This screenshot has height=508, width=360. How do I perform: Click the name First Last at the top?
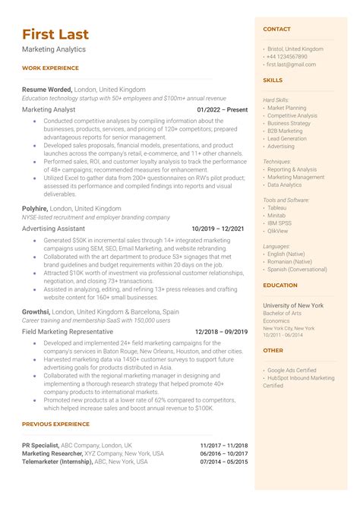55,34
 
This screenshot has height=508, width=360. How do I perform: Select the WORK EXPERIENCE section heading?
50,68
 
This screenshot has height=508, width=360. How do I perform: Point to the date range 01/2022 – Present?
222,109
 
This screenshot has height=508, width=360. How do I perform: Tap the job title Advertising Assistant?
53,228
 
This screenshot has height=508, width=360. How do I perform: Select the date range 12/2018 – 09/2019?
221,332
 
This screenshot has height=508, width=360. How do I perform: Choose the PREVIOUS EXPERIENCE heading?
55,424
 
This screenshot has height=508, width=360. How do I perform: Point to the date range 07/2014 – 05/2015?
224,462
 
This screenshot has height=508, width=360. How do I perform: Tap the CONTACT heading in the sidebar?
276,29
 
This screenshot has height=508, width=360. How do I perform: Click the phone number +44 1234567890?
287,57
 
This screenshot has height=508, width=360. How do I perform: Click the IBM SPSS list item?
279,224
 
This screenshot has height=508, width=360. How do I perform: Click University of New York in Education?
292,305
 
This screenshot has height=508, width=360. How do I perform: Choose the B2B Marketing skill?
285,131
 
